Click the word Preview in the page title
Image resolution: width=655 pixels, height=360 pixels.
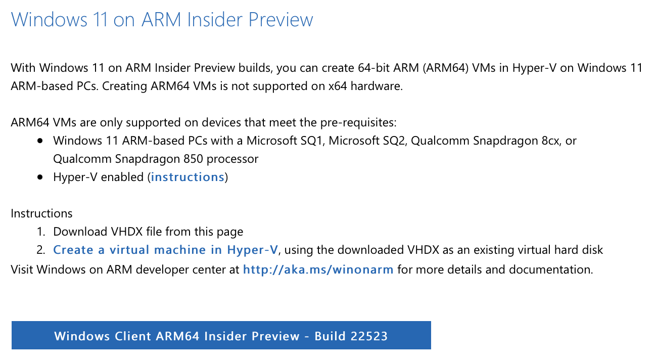280,19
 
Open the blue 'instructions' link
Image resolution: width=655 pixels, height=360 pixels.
188,177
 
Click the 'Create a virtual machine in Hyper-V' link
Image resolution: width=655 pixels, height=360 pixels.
165,250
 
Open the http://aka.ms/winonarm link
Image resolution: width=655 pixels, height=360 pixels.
318,269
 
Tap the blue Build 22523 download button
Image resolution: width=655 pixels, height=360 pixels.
221,335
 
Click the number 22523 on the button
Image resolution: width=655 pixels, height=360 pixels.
369,336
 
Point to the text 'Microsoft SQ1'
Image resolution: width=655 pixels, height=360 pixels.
284,141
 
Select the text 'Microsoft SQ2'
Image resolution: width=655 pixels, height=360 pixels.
366,141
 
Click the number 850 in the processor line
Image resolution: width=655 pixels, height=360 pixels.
193,159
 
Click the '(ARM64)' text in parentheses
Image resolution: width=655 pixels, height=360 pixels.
446,68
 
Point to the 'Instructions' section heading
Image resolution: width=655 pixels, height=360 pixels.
41,213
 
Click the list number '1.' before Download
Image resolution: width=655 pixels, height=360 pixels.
41,232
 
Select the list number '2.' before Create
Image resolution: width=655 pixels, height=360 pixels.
41,250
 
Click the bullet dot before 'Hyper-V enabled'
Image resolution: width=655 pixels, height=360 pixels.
40,177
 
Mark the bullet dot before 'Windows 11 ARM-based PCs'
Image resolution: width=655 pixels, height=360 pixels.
40,141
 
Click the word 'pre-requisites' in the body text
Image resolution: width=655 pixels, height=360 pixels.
358,122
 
